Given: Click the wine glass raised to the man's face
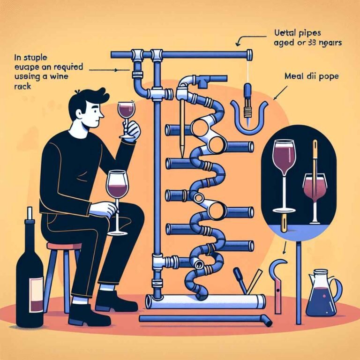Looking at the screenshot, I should click(125, 115).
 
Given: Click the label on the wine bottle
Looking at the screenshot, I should click(36, 291).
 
